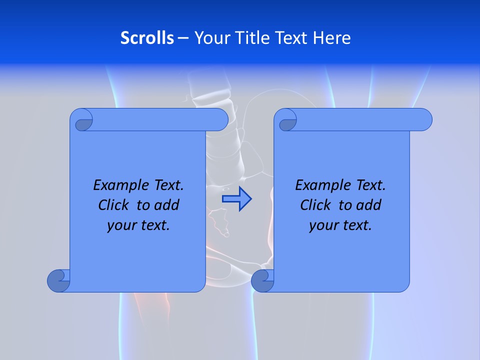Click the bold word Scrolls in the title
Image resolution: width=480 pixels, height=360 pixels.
coord(147,38)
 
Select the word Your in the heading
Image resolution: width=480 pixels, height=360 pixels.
coord(210,38)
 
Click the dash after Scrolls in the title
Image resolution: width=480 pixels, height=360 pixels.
coord(183,38)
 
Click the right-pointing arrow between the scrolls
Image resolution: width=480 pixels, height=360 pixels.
coord(236,199)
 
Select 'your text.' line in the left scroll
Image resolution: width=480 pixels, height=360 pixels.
coord(138,225)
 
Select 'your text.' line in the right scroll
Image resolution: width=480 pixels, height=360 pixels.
coord(340,225)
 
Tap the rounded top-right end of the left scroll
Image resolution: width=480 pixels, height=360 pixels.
coord(220,119)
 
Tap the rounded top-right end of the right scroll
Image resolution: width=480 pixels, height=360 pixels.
coord(424,119)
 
